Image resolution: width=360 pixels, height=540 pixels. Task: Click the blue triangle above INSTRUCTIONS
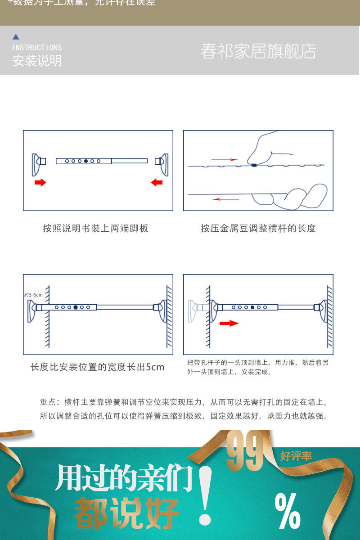[x=16, y=37]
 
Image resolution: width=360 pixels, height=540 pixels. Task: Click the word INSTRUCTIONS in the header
[x=37, y=47]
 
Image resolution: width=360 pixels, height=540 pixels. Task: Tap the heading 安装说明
[x=37, y=61]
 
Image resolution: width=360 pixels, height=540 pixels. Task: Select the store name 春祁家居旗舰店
[x=258, y=51]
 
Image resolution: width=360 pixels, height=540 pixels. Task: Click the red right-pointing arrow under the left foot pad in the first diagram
[x=40, y=182]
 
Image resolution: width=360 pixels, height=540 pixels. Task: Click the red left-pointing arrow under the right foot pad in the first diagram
[x=157, y=182]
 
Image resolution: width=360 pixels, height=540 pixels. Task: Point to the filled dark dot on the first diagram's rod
[x=86, y=161]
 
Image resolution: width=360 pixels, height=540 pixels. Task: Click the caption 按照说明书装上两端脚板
[x=95, y=228]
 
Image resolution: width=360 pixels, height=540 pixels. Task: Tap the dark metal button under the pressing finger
[x=254, y=165]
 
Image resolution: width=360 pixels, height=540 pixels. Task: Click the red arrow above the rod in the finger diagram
[x=225, y=159]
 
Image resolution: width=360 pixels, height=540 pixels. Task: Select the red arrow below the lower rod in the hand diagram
[x=226, y=199]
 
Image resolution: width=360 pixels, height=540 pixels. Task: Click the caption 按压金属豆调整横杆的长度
[x=258, y=228]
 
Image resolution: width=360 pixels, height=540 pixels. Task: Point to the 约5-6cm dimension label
[x=33, y=295]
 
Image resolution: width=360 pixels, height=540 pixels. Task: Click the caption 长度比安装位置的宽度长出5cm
[x=98, y=367]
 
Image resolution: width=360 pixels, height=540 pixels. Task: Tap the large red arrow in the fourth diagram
[x=229, y=323]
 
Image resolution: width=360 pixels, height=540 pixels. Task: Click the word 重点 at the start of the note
[x=48, y=402]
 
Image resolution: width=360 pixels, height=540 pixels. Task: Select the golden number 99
[x=245, y=451]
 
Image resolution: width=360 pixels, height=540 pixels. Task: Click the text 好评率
[x=296, y=456]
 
